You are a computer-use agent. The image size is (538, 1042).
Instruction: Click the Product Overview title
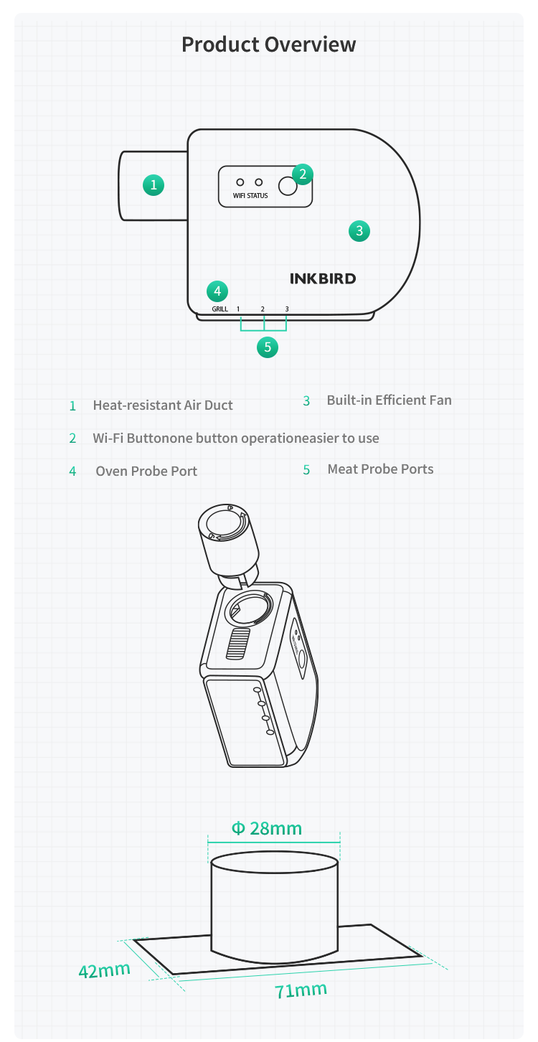tap(269, 44)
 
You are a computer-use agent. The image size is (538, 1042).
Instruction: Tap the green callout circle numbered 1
tap(154, 185)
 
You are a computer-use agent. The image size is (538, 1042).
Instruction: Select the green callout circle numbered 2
tap(303, 174)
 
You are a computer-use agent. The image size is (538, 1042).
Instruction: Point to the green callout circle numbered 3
tap(359, 231)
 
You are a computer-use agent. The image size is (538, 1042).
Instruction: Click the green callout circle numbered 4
tap(217, 291)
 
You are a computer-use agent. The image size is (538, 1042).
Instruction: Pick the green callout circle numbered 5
tap(268, 347)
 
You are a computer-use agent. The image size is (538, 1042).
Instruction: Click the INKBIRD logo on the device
tap(323, 278)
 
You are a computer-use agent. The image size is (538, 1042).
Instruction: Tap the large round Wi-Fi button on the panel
tap(288, 187)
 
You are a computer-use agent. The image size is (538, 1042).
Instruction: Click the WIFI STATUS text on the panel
tap(250, 196)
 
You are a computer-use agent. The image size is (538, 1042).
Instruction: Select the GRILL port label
tap(220, 309)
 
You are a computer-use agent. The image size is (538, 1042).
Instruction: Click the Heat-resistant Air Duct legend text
tap(163, 405)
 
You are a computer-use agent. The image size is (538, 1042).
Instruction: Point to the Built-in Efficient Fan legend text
tap(390, 400)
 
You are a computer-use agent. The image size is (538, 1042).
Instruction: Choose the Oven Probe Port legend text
tap(146, 471)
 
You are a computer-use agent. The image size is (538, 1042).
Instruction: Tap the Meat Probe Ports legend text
tap(380, 469)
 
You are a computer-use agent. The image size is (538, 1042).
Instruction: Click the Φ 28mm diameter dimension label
tap(266, 828)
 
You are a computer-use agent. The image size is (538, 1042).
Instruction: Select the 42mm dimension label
tap(104, 970)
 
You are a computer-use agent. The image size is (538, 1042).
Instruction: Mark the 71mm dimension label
tap(301, 990)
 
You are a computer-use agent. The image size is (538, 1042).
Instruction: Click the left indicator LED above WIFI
tap(240, 182)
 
